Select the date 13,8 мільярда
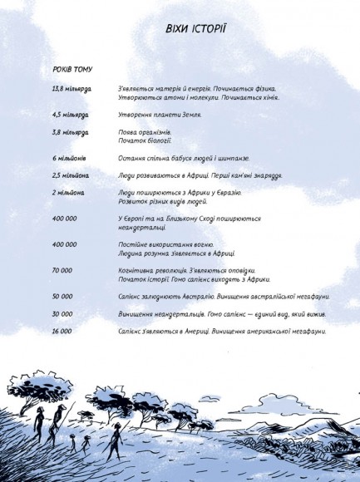(72, 88)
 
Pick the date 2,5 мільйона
(70, 175)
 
